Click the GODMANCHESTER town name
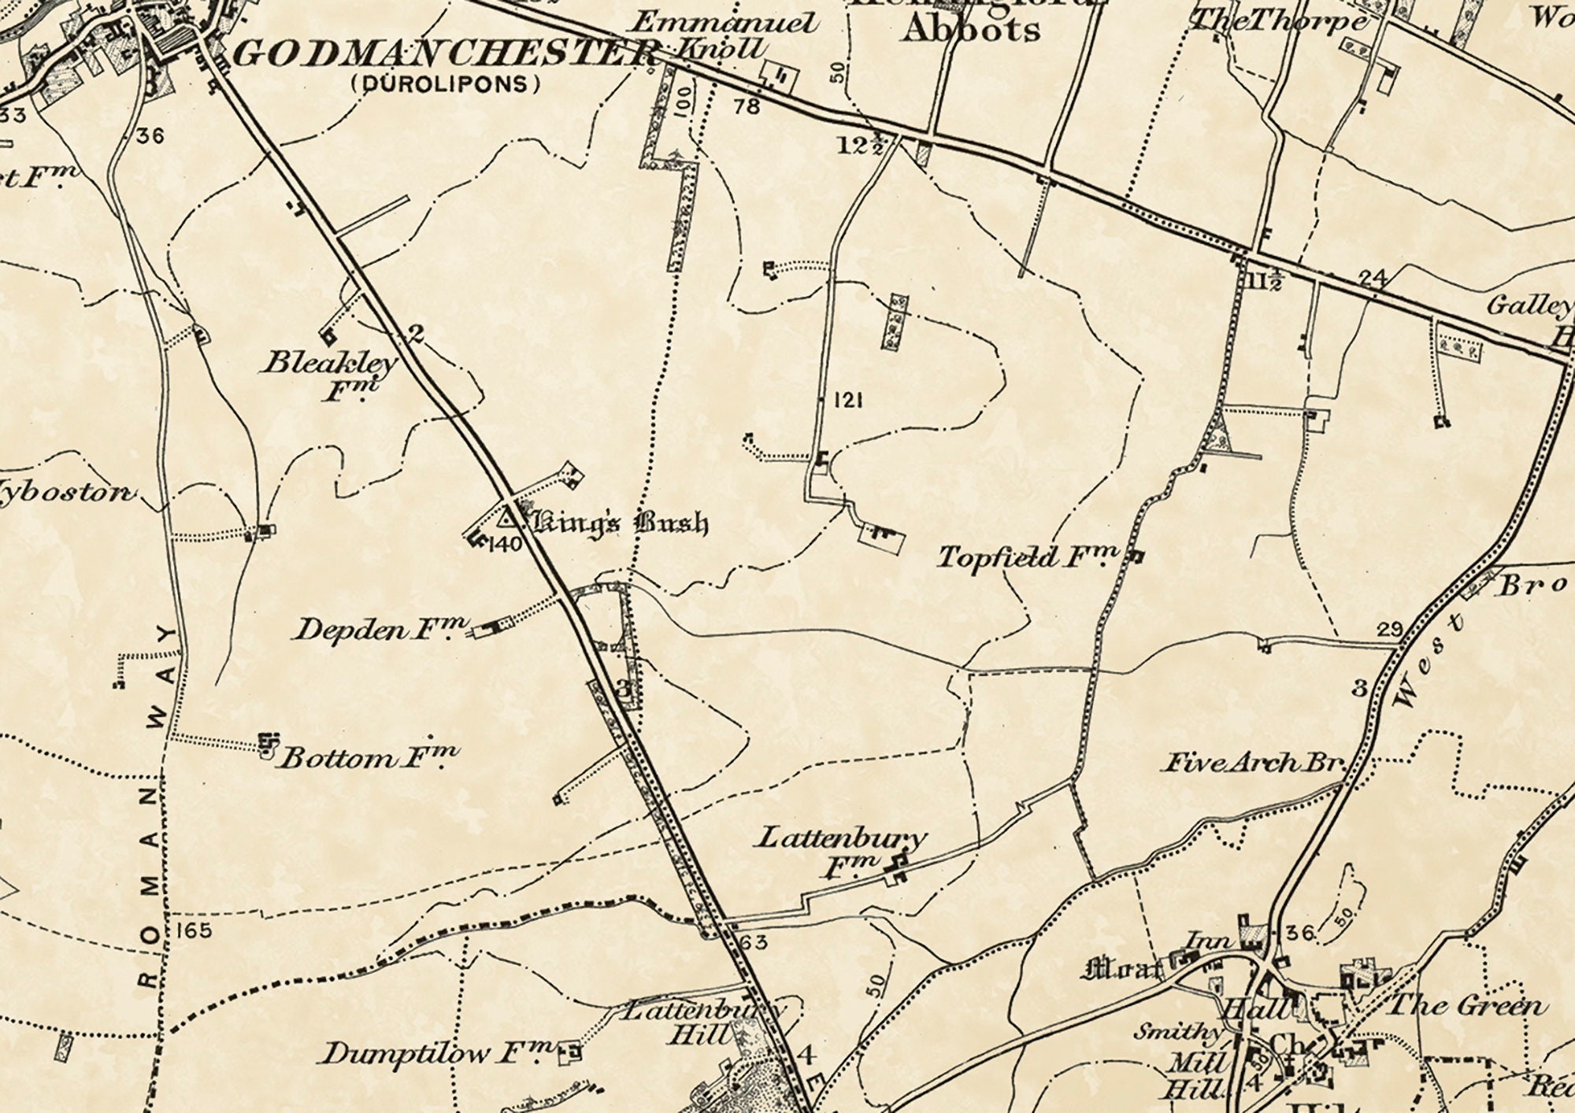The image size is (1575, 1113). click(445, 54)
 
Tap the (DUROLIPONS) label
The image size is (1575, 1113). click(447, 84)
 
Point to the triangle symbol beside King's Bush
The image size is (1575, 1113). click(508, 518)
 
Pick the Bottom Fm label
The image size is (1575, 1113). click(369, 757)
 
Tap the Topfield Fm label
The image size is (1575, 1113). click(1027, 557)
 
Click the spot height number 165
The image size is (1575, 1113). click(194, 930)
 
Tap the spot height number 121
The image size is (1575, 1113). click(847, 401)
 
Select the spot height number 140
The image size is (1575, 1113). click(505, 544)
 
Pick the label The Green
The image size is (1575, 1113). click(1466, 1005)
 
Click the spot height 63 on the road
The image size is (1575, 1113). click(754, 941)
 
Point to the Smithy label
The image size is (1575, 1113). click(1177, 1031)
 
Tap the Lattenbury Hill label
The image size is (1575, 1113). click(701, 1022)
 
